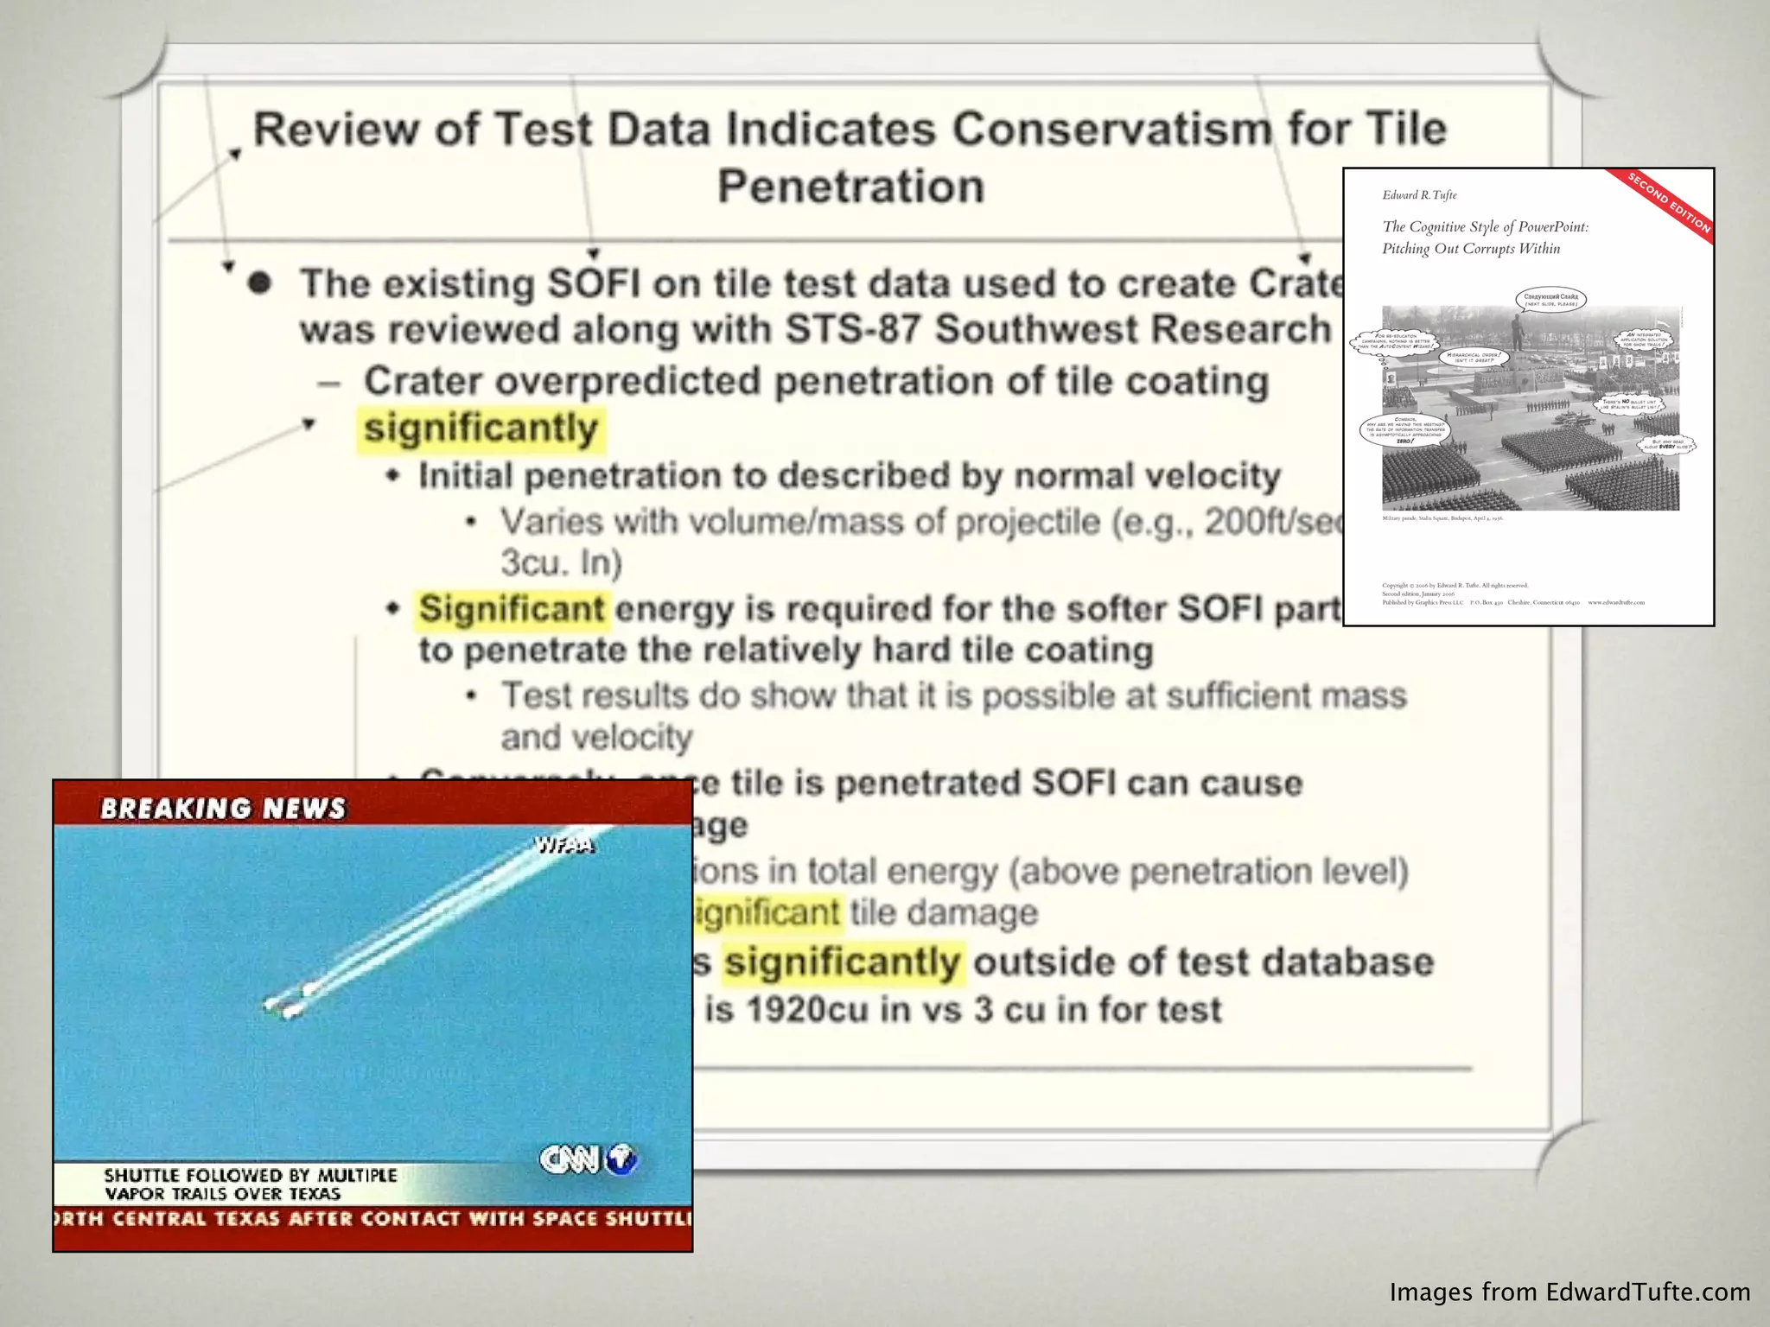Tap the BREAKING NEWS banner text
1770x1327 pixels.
click(x=223, y=809)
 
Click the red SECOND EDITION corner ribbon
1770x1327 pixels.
click(x=1668, y=203)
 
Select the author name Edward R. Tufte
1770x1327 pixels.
click(x=1419, y=195)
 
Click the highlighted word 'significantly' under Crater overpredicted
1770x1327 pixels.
click(x=481, y=429)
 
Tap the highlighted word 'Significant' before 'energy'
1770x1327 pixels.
click(x=512, y=609)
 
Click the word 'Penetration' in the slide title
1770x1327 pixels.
click(x=850, y=187)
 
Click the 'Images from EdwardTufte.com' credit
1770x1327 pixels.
click(x=1569, y=1292)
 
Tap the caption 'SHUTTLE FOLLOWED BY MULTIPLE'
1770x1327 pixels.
click(x=251, y=1175)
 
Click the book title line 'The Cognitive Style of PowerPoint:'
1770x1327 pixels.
click(x=1485, y=227)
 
